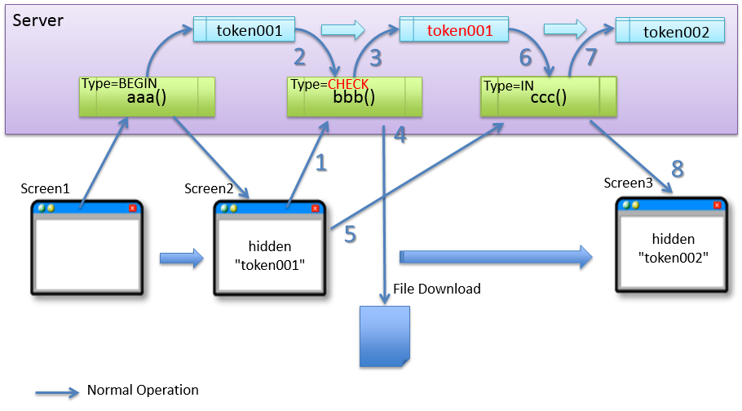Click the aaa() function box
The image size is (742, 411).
pos(147,97)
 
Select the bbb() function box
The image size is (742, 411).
pos(354,97)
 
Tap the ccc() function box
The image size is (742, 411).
pos(548,97)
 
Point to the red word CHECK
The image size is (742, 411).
pos(348,84)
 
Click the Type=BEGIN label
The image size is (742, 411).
pos(118,83)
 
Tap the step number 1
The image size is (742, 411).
pos(320,163)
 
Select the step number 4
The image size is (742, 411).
pos(400,135)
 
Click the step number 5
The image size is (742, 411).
pos(350,234)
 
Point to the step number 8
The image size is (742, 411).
pos(677,170)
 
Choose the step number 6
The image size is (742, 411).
pos(525,57)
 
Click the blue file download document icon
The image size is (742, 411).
pos(385,336)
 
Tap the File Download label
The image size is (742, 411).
pos(437,289)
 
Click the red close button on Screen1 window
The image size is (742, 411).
pos(132,208)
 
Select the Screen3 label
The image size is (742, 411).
pos(628,183)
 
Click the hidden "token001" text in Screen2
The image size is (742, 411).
pos(270,254)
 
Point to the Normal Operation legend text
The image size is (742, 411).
pos(143,390)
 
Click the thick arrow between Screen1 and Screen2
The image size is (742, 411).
pos(181,259)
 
